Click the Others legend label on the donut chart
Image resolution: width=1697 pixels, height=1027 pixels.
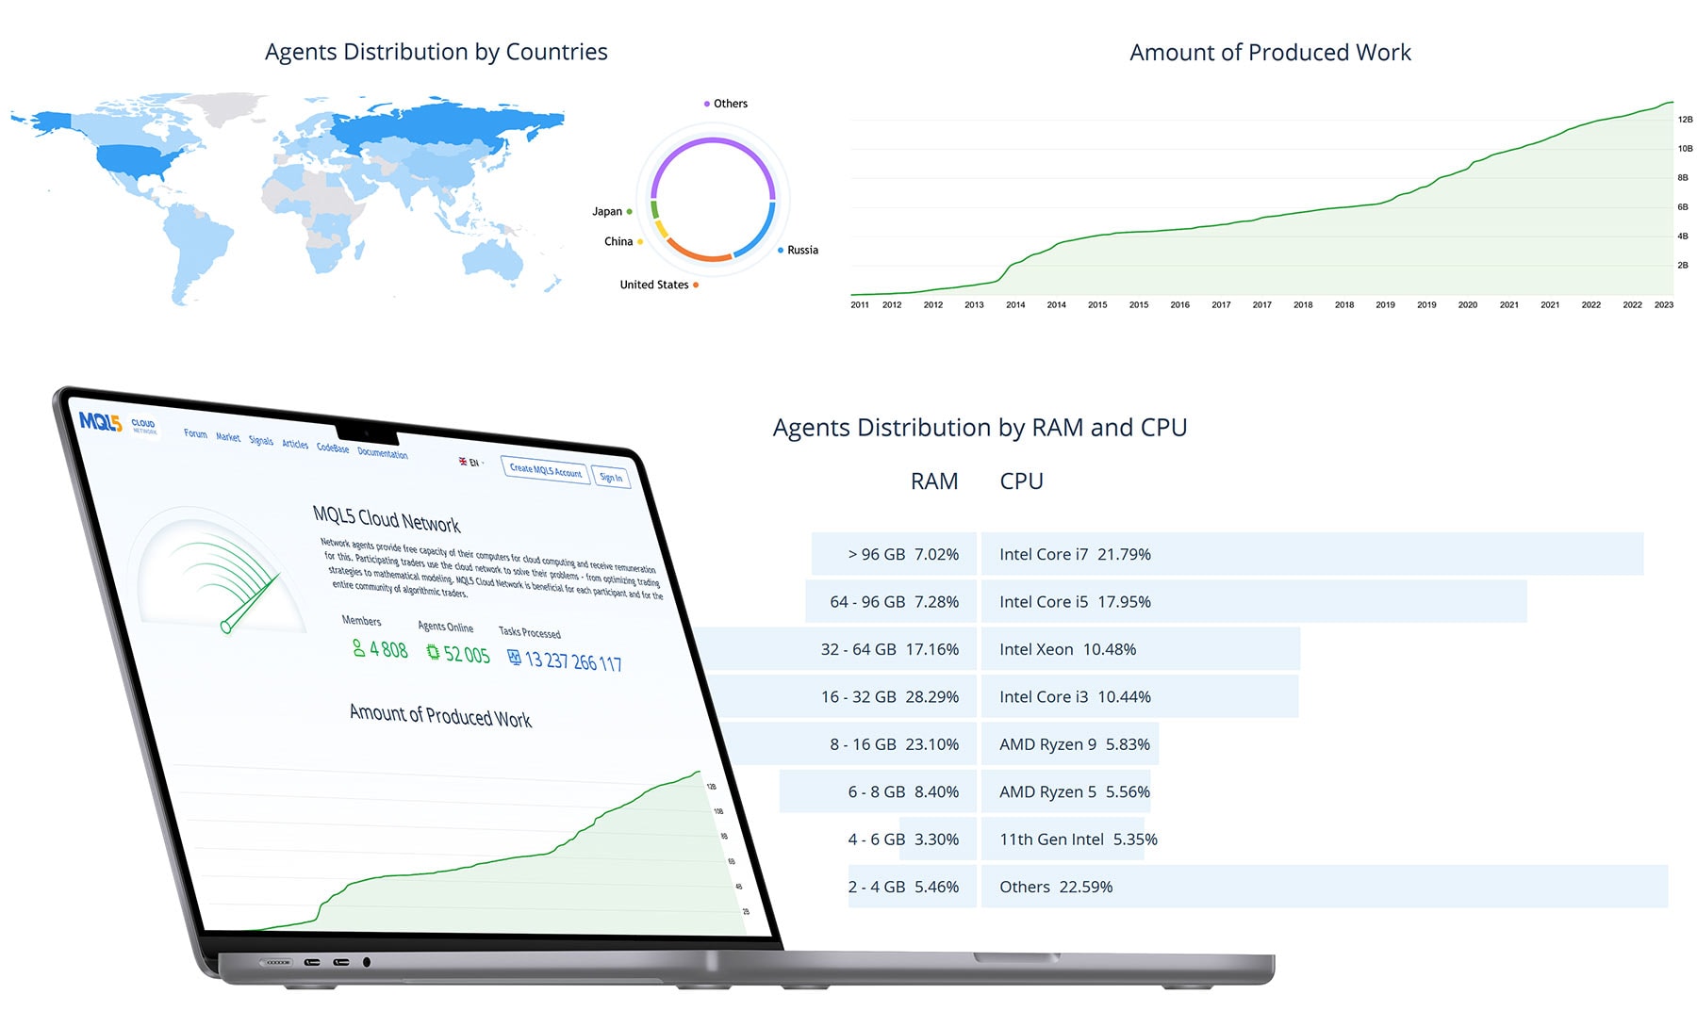click(730, 104)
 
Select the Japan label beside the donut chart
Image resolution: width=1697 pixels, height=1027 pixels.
click(607, 212)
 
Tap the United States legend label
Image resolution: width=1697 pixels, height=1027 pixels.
click(654, 285)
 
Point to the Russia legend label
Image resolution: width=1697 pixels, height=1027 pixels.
click(802, 251)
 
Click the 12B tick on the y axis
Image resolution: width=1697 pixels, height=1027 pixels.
click(1685, 120)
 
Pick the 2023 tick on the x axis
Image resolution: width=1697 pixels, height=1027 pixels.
click(1664, 305)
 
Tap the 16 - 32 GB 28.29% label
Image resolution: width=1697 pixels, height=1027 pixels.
click(889, 697)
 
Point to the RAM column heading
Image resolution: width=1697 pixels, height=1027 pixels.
click(933, 481)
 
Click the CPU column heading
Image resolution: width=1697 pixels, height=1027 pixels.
click(1021, 481)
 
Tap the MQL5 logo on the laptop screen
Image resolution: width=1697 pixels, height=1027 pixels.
click(100, 422)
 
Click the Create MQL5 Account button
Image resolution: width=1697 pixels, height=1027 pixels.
click(545, 469)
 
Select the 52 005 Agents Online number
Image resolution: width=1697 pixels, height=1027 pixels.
click(466, 654)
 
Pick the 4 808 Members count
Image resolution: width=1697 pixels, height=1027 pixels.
click(387, 649)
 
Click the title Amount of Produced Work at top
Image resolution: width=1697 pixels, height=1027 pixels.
click(1269, 53)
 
